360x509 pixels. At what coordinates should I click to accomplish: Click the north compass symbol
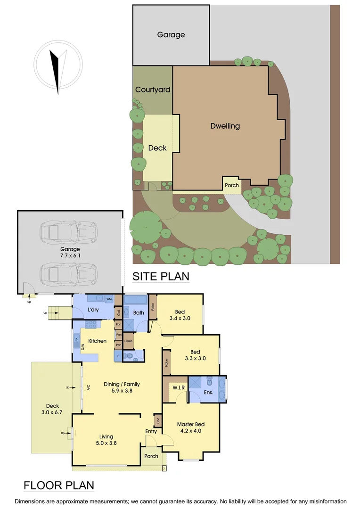(57, 66)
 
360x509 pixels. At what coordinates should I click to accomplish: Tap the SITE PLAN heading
(161, 276)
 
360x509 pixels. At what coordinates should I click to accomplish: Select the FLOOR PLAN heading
(59, 485)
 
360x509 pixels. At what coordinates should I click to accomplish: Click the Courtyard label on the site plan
(153, 90)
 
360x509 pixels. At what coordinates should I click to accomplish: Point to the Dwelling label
(225, 126)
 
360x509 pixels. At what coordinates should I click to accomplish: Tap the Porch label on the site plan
(232, 185)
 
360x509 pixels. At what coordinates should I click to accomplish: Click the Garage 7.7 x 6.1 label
(70, 253)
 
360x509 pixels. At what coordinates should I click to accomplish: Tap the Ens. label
(208, 392)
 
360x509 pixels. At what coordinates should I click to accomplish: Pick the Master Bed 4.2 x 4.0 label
(190, 427)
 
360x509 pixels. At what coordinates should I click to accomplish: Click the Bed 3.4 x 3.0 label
(180, 315)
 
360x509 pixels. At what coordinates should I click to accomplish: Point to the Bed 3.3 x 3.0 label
(195, 355)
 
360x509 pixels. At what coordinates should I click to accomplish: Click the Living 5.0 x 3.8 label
(106, 440)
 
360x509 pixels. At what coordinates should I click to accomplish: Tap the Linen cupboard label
(128, 341)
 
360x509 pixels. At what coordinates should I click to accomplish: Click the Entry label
(151, 431)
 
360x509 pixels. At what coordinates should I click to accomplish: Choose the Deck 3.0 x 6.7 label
(52, 409)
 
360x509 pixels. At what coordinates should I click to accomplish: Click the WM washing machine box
(108, 299)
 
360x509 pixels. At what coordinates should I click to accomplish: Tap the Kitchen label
(97, 341)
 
